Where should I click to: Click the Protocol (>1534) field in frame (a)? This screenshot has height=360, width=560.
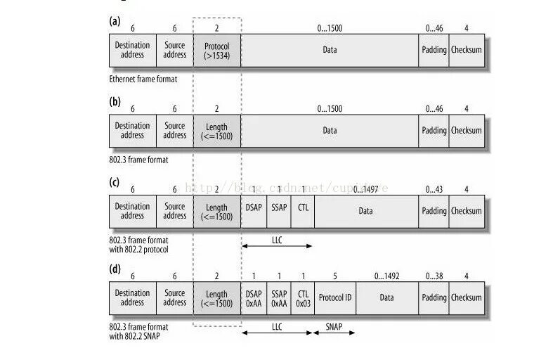tap(216, 50)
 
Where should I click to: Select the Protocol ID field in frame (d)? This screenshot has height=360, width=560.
tap(335, 297)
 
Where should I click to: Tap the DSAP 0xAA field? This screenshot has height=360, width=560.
tap(254, 297)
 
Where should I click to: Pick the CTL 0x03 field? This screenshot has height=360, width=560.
tap(302, 297)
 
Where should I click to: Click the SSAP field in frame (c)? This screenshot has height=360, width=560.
tap(278, 210)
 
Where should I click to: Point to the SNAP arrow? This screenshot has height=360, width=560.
tap(334, 332)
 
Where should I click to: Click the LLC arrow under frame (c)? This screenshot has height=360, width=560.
tap(276, 245)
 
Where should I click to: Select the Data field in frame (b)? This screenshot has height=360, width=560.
tap(330, 130)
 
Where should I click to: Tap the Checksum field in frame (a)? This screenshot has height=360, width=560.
tap(467, 50)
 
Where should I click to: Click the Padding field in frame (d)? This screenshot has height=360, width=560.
tap(434, 297)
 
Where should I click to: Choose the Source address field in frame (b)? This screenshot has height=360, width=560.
tap(175, 130)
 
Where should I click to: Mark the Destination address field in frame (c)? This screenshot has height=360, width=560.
tap(132, 210)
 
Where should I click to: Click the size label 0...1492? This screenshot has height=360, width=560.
tap(386, 276)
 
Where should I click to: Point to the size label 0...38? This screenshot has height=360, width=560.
tap(434, 276)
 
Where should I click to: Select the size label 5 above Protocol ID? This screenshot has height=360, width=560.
tap(335, 276)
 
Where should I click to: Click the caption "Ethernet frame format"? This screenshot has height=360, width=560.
tap(143, 79)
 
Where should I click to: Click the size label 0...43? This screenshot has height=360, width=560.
tap(434, 189)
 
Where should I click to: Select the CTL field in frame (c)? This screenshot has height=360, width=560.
tap(302, 210)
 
